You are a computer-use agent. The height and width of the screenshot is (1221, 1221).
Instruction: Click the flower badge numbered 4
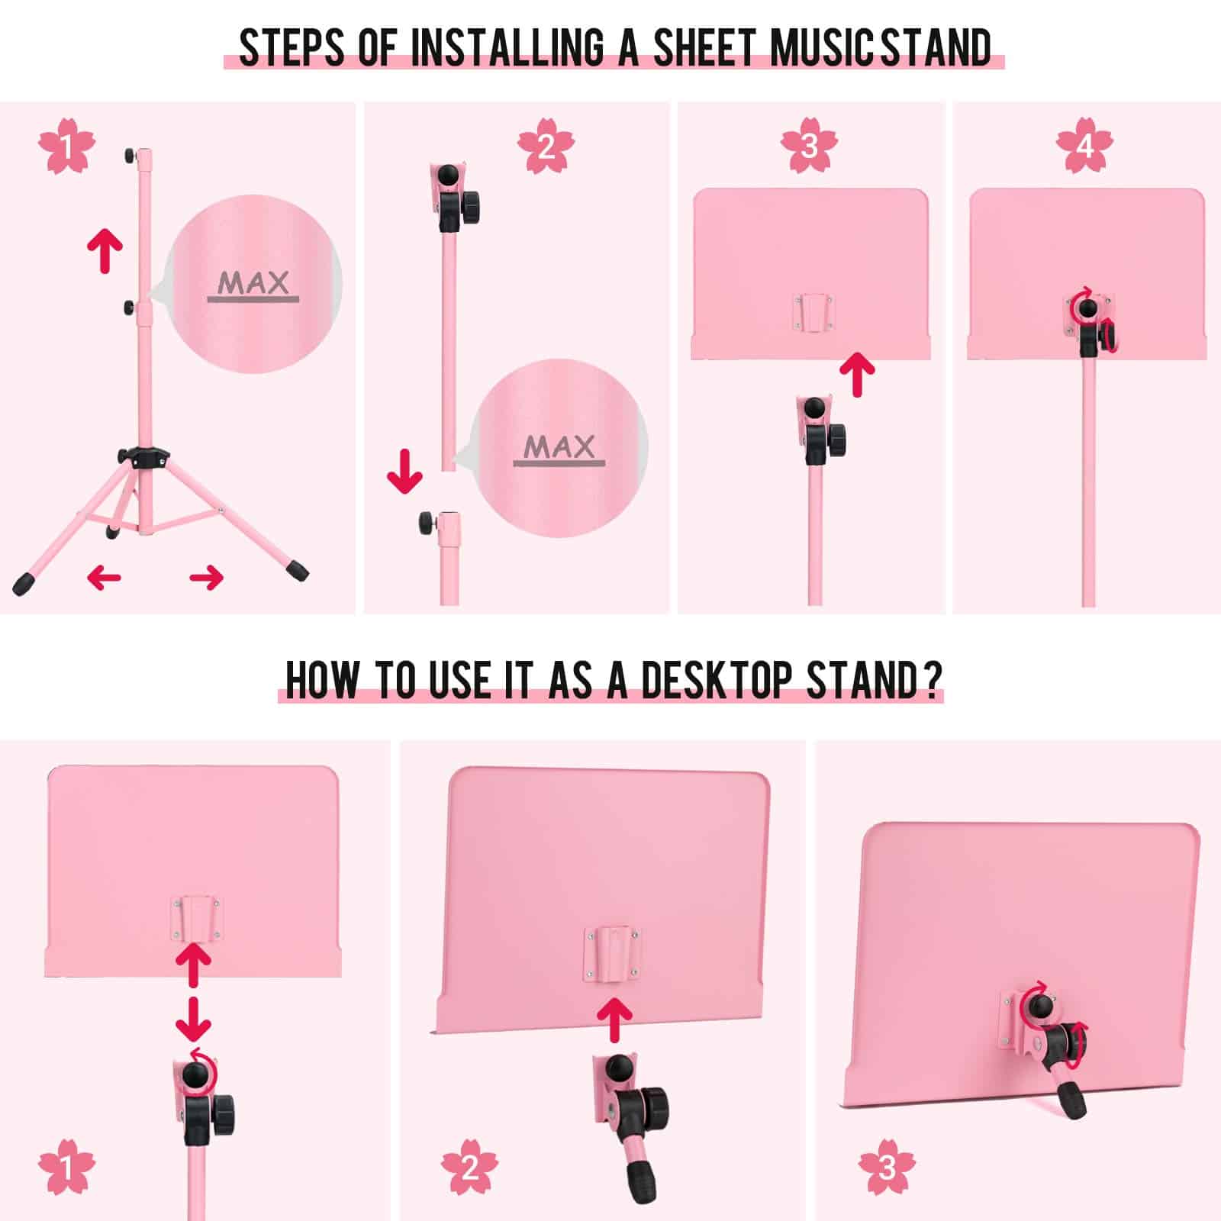point(1084,145)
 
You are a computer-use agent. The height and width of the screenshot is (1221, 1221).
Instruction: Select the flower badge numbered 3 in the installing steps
point(810,145)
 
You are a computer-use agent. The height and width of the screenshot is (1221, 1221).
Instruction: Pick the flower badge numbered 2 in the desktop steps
point(470,1168)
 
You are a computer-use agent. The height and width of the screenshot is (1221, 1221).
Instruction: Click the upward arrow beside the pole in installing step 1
point(105,253)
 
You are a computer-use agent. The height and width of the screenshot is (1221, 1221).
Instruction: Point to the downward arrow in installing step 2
point(404,472)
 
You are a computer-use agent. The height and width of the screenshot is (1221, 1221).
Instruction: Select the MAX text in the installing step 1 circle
point(253,283)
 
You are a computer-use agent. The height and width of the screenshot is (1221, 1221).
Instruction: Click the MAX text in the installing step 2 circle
point(559,447)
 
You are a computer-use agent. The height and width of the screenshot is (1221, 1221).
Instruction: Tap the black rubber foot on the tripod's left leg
point(25,584)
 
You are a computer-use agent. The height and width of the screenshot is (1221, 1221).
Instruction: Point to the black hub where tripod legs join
point(143,457)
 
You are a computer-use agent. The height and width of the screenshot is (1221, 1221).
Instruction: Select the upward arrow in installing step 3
point(857,373)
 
